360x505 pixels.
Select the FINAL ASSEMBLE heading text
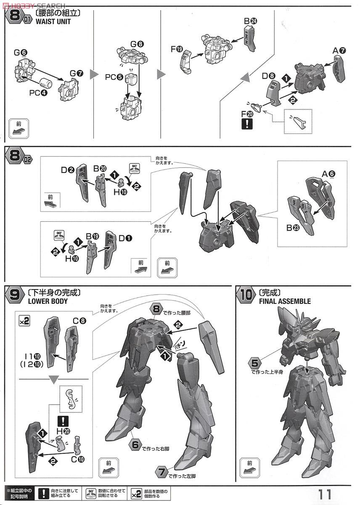click(285, 301)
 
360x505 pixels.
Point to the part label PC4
click(38, 93)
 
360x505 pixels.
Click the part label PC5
click(114, 77)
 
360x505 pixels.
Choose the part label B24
click(250, 20)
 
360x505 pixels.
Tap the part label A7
click(339, 51)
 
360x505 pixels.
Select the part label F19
click(177, 49)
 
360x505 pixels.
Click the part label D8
click(268, 76)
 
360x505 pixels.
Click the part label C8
click(79, 321)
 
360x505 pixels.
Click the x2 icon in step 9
click(24, 321)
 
